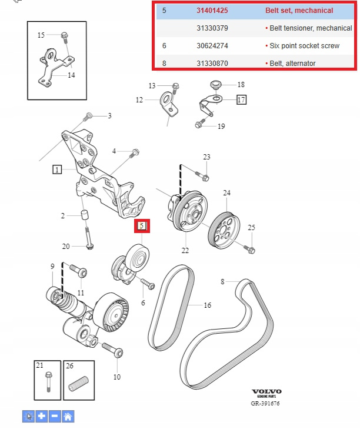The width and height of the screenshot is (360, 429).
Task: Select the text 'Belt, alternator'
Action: coord(291,63)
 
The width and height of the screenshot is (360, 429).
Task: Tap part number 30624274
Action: coord(212,45)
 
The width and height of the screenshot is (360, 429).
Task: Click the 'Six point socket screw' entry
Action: coord(302,45)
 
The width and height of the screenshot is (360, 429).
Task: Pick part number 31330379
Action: coord(212,28)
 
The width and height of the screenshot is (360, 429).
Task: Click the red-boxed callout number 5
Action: coord(142,225)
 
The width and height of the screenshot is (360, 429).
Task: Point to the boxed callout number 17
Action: coord(241,99)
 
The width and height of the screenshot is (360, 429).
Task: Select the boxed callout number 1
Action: coord(57,169)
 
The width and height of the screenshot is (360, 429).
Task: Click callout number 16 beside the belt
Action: coord(207,305)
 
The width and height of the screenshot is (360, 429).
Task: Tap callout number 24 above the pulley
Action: coord(226,193)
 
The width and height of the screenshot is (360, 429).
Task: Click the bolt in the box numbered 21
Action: coord(47,382)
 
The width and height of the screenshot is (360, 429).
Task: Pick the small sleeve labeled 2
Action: coord(84,215)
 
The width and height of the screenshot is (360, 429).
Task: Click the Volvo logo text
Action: coord(266,391)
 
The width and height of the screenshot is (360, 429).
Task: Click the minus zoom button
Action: coord(55,416)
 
